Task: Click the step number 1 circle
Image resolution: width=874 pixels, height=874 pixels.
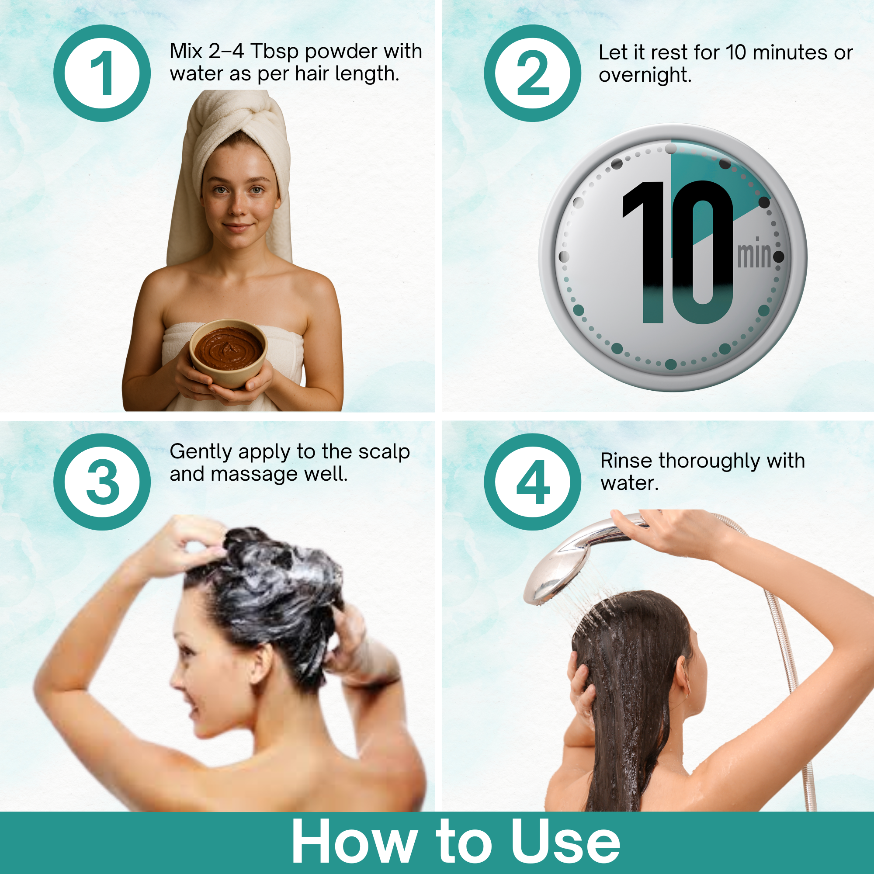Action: tap(102, 73)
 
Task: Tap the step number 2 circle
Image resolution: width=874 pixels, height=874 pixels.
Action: tap(532, 73)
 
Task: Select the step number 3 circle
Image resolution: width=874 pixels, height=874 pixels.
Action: tap(102, 482)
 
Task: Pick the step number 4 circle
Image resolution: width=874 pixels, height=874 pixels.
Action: tap(532, 482)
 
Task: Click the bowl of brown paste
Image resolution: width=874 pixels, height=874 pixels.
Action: tap(228, 353)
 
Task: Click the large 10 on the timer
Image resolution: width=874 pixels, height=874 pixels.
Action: tap(677, 253)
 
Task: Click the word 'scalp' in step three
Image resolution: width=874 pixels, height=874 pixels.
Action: tap(384, 452)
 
